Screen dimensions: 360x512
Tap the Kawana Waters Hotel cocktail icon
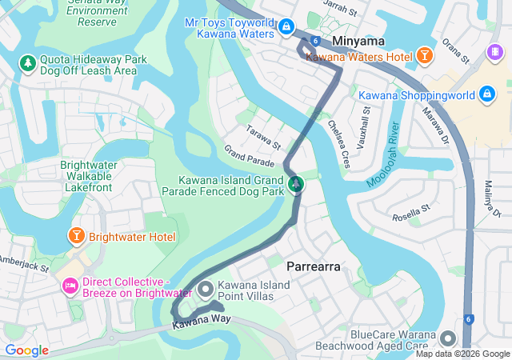click(x=424, y=57)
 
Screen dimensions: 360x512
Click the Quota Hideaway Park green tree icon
click(x=27, y=62)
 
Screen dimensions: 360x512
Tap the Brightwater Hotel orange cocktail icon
click(x=76, y=237)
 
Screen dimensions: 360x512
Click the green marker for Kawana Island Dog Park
click(x=296, y=185)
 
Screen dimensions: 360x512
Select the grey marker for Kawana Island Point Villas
click(x=206, y=289)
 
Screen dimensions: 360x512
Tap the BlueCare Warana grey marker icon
click(x=446, y=338)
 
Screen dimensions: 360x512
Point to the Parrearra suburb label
click(x=314, y=266)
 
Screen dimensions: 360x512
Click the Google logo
click(x=26, y=350)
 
